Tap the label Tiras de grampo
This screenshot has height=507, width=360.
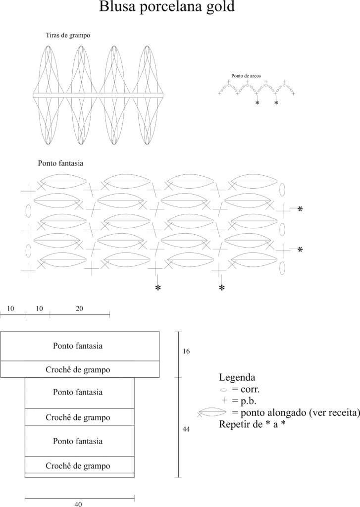[x=68, y=36]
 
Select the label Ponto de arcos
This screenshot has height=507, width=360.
[x=246, y=76]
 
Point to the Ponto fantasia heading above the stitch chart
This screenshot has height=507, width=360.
[x=60, y=162]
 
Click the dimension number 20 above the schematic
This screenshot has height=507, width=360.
[x=79, y=308]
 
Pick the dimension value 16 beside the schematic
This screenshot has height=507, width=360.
[x=186, y=351]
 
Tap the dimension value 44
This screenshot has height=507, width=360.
[x=186, y=429]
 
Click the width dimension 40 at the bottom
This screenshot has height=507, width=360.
[x=78, y=505]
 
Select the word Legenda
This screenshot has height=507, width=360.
[x=237, y=377]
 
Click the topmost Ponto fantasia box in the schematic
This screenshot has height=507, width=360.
[x=78, y=346]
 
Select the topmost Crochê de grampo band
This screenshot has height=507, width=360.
[x=78, y=369]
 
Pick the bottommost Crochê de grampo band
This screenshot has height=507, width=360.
[x=78, y=466]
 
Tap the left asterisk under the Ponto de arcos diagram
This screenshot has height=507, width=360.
[x=257, y=103]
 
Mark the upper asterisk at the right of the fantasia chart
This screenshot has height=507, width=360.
[x=300, y=209]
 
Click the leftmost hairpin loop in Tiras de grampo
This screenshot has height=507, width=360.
[x=48, y=95]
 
